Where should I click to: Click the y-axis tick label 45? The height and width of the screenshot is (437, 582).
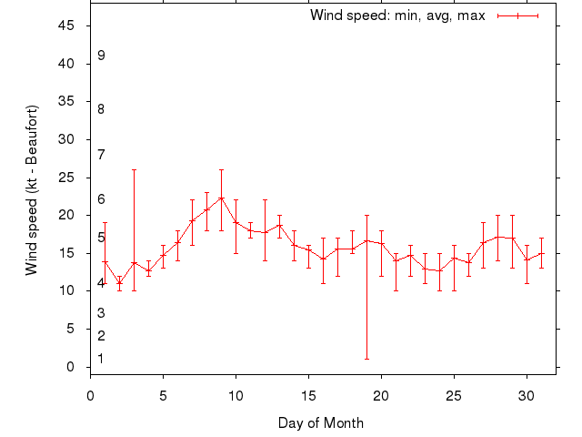click(66, 25)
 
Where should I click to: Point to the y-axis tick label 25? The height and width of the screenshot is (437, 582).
click(66, 178)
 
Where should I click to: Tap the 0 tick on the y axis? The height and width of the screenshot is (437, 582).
click(71, 367)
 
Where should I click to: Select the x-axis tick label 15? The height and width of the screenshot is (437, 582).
click(308, 396)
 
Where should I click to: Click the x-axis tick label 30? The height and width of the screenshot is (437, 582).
click(527, 396)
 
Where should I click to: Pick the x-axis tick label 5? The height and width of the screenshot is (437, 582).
click(163, 396)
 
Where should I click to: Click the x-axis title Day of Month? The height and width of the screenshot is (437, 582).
click(321, 422)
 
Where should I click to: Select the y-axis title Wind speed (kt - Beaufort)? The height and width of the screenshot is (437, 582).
click(31, 190)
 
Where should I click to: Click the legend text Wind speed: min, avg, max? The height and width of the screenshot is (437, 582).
click(397, 15)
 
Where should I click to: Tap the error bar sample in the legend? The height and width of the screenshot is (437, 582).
click(518, 15)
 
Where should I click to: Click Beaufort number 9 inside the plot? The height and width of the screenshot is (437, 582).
click(101, 56)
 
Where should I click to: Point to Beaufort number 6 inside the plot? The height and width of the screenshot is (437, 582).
click(101, 199)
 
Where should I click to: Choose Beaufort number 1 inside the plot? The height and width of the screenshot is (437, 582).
click(101, 359)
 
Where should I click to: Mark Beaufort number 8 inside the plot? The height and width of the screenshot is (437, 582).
click(101, 109)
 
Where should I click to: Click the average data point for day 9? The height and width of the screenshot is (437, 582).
click(221, 198)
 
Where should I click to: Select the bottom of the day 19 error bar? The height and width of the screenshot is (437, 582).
click(366, 359)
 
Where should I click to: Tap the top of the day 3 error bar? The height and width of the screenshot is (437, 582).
click(134, 169)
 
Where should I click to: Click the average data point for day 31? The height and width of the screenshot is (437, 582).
click(541, 254)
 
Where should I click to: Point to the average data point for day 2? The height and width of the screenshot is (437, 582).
click(119, 282)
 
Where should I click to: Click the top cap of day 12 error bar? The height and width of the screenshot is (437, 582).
click(265, 199)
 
